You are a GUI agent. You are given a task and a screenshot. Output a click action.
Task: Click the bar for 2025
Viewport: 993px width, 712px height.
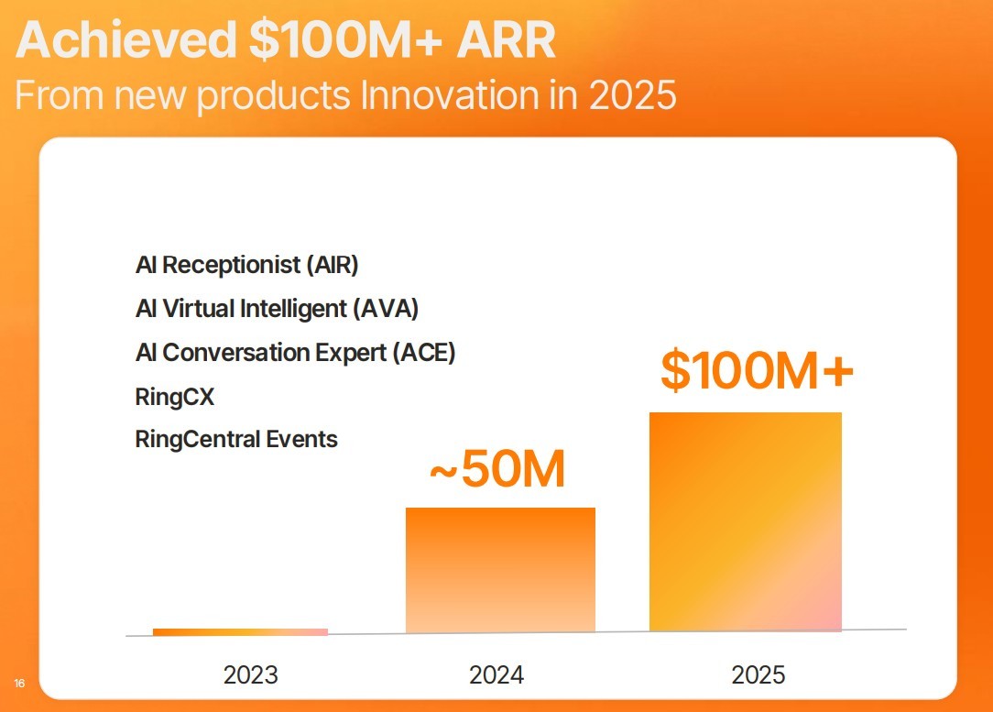tap(746, 521)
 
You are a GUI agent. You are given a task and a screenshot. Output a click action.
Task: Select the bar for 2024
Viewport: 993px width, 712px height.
tap(500, 569)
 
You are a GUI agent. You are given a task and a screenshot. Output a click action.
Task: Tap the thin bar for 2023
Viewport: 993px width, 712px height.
tap(241, 631)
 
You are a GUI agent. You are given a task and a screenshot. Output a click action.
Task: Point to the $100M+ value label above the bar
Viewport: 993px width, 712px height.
tap(757, 369)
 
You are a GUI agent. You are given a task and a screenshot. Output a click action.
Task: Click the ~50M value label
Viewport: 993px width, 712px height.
tap(497, 469)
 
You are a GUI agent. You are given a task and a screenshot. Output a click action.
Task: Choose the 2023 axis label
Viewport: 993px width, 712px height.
tap(251, 674)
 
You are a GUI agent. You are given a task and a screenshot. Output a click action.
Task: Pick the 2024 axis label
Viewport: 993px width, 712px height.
tap(496, 674)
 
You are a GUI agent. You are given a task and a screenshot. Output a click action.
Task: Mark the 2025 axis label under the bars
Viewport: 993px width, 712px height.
tap(758, 674)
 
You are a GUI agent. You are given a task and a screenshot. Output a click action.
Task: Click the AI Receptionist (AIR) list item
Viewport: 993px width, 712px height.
tap(247, 265)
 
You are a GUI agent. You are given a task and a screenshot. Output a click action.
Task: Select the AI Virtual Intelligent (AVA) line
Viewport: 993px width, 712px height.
tap(277, 309)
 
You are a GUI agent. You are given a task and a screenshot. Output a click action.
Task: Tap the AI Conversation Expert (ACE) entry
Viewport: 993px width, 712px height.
tap(296, 352)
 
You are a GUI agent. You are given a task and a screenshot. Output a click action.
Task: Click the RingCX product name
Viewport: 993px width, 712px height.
tap(175, 397)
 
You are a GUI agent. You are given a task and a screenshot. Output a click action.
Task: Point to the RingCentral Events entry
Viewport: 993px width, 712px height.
tap(236, 439)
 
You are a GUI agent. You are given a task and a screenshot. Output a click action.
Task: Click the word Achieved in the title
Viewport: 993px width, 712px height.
tap(126, 39)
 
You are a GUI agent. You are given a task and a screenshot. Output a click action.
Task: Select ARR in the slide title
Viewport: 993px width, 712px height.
tap(506, 39)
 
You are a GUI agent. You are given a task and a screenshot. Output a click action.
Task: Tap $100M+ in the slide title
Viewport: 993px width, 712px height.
tap(345, 39)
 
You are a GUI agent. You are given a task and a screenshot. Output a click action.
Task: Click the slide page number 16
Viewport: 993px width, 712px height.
tap(19, 683)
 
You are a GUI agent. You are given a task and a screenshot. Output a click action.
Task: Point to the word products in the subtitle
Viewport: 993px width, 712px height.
tap(273, 96)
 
